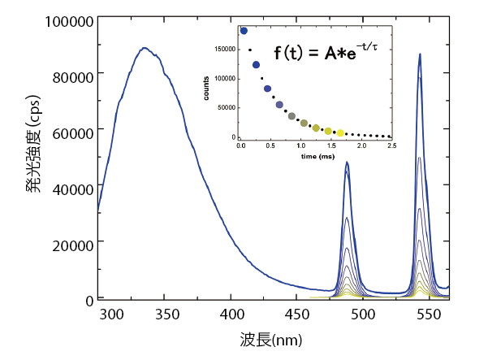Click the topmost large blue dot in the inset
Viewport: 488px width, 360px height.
click(x=244, y=31)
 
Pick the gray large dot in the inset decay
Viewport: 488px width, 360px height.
click(x=292, y=116)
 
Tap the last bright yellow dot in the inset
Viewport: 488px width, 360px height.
click(x=340, y=132)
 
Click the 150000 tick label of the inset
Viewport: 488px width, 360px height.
click(x=225, y=49)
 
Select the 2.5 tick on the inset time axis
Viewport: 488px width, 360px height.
click(x=391, y=145)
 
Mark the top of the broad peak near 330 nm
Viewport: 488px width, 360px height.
click(x=145, y=48)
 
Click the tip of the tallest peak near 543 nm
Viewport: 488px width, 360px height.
click(x=420, y=54)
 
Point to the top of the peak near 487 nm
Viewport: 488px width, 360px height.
click(x=347, y=162)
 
